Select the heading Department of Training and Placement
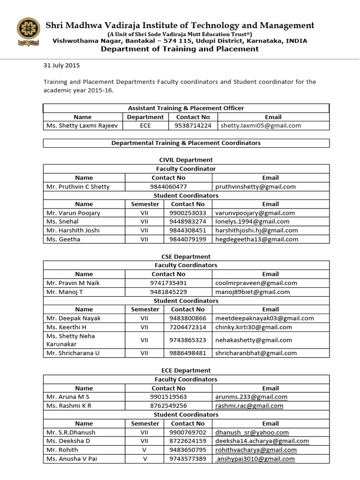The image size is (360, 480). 180,49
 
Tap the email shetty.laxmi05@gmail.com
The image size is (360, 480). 258,126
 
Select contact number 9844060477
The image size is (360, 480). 168,187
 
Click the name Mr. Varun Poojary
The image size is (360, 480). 73,213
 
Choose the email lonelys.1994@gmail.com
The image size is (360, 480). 252,221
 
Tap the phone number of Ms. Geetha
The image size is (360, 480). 187,239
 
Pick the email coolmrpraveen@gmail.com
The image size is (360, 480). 256,283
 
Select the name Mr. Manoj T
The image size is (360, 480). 65,292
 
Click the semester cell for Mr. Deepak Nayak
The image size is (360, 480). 144,318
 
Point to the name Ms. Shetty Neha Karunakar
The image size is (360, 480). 70,340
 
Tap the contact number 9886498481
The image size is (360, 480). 187,353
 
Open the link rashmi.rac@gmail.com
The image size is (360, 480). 249,406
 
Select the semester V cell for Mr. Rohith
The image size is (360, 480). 144,450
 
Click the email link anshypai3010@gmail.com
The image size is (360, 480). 256,459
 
